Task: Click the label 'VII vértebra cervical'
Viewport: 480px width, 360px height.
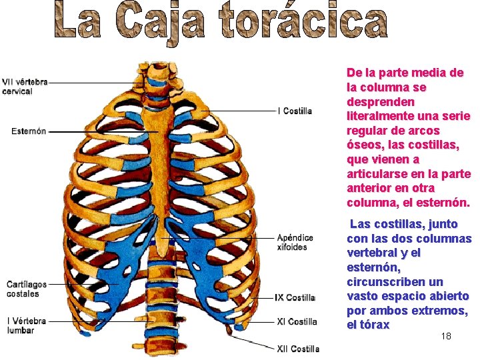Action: point(25,87)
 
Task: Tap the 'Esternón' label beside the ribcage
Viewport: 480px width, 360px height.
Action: point(29,131)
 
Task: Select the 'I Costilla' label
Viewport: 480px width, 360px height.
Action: point(295,111)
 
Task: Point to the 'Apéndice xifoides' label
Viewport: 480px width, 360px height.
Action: point(295,242)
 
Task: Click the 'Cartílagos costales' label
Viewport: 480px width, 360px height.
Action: point(26,289)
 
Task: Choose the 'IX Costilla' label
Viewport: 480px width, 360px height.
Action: point(295,297)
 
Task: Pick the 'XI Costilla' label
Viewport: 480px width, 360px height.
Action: point(297,321)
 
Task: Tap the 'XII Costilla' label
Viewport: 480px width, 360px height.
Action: point(298,348)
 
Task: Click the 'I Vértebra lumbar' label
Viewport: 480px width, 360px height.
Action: point(27,325)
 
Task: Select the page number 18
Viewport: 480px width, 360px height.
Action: point(446,336)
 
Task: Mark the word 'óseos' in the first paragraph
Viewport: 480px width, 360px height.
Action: point(364,145)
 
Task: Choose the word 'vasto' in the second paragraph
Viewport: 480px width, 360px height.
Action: point(363,297)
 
